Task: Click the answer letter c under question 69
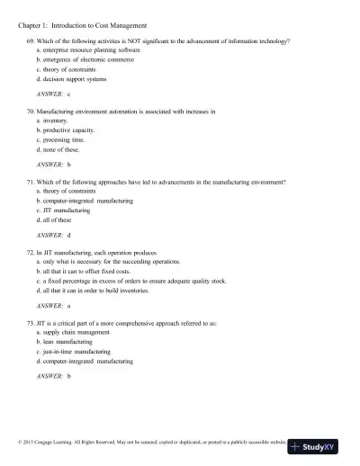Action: click(68, 94)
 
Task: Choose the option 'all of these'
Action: click(58, 219)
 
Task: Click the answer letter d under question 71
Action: click(69, 235)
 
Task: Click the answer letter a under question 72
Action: click(68, 305)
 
